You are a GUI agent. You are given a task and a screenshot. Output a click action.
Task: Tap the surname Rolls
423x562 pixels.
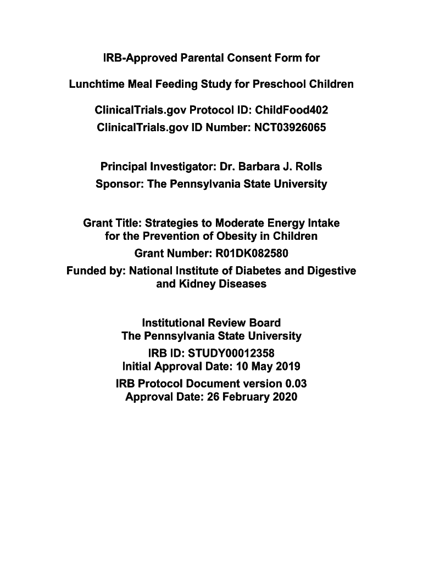click(x=308, y=166)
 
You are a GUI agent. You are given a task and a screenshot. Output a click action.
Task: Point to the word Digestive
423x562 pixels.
click(x=332, y=271)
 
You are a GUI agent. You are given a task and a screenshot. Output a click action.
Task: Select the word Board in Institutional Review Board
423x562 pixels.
click(x=263, y=322)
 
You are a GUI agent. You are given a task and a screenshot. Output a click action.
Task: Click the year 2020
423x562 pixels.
click(x=283, y=396)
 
